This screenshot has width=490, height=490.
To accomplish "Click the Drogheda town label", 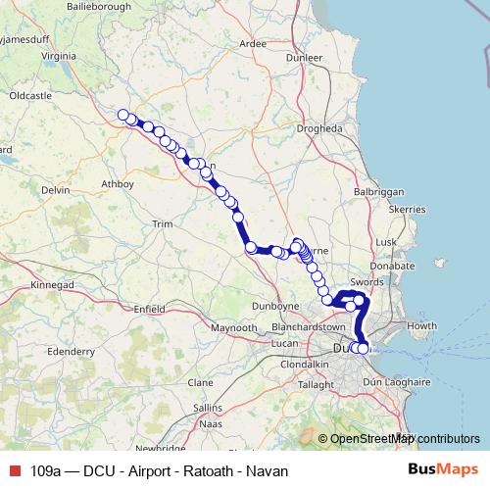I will [x=319, y=128].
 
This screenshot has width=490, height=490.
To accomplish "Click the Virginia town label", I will [x=61, y=57].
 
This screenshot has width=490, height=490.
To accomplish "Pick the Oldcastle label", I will [x=29, y=96].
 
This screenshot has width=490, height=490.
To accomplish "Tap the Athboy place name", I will [x=116, y=182].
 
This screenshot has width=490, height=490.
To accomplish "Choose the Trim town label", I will [x=161, y=224].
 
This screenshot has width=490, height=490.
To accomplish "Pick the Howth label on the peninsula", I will [x=421, y=325].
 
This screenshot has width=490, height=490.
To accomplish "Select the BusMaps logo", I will [x=444, y=469].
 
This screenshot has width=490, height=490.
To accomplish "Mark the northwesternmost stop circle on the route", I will [x=123, y=115].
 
